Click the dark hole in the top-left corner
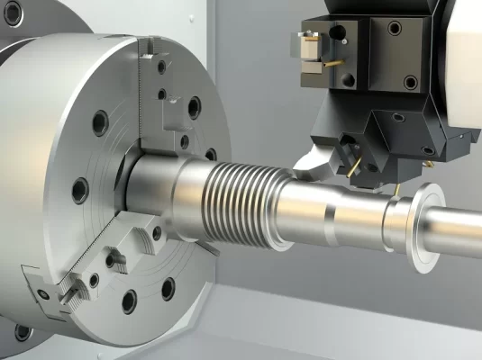pos(12,13)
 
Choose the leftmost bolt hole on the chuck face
pos(79,190)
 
